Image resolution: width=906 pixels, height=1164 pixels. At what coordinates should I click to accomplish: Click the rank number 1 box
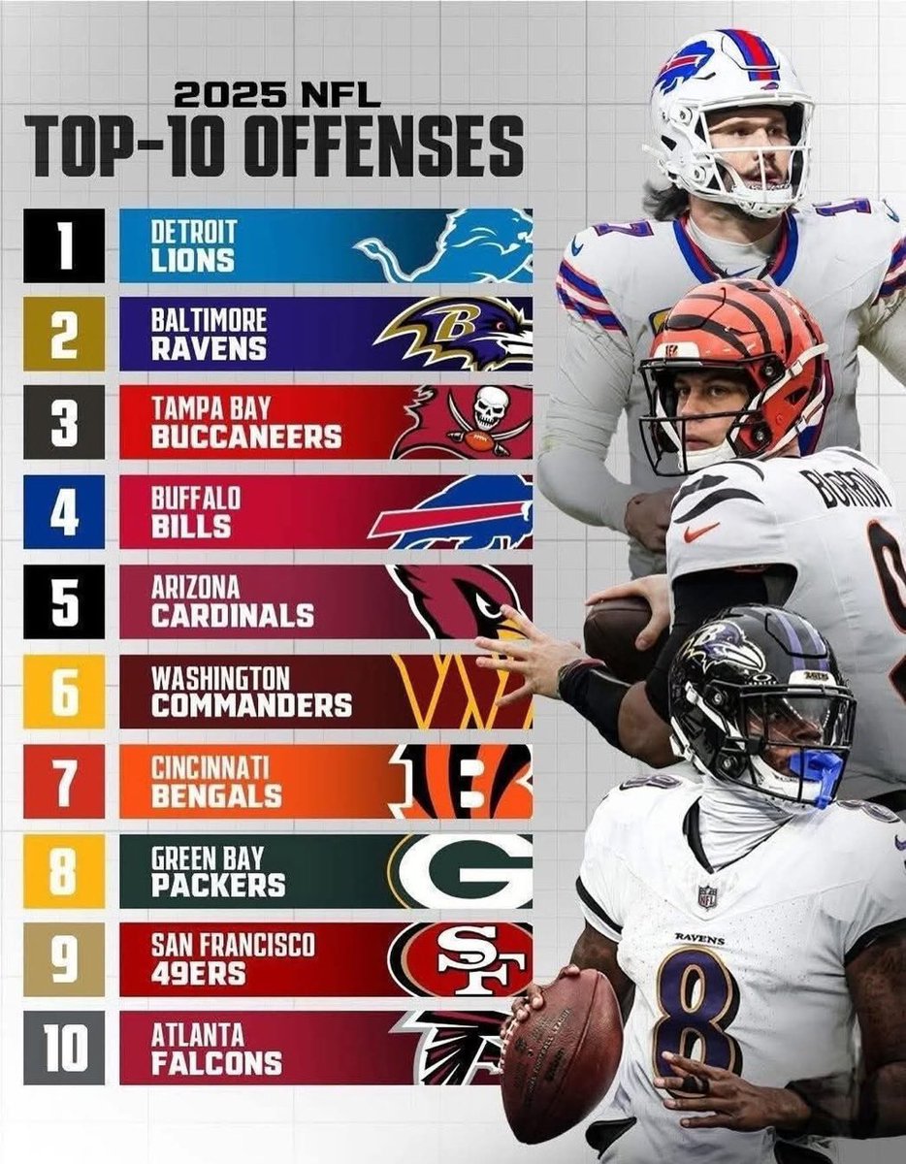click(x=64, y=245)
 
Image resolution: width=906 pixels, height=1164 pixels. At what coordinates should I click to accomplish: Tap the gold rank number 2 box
click(x=64, y=334)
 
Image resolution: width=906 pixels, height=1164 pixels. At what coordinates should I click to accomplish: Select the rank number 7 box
click(x=64, y=782)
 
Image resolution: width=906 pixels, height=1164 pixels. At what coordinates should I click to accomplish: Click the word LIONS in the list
click(x=192, y=260)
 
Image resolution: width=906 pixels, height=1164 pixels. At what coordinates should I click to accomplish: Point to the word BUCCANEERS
click(x=246, y=437)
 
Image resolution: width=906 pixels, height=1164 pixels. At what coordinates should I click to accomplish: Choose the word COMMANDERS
click(x=251, y=705)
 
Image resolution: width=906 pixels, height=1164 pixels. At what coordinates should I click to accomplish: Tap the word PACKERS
click(x=218, y=884)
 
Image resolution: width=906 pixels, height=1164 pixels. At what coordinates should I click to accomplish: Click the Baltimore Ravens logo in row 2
click(x=454, y=333)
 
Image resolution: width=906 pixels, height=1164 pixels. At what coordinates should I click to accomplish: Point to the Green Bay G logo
click(x=464, y=870)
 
